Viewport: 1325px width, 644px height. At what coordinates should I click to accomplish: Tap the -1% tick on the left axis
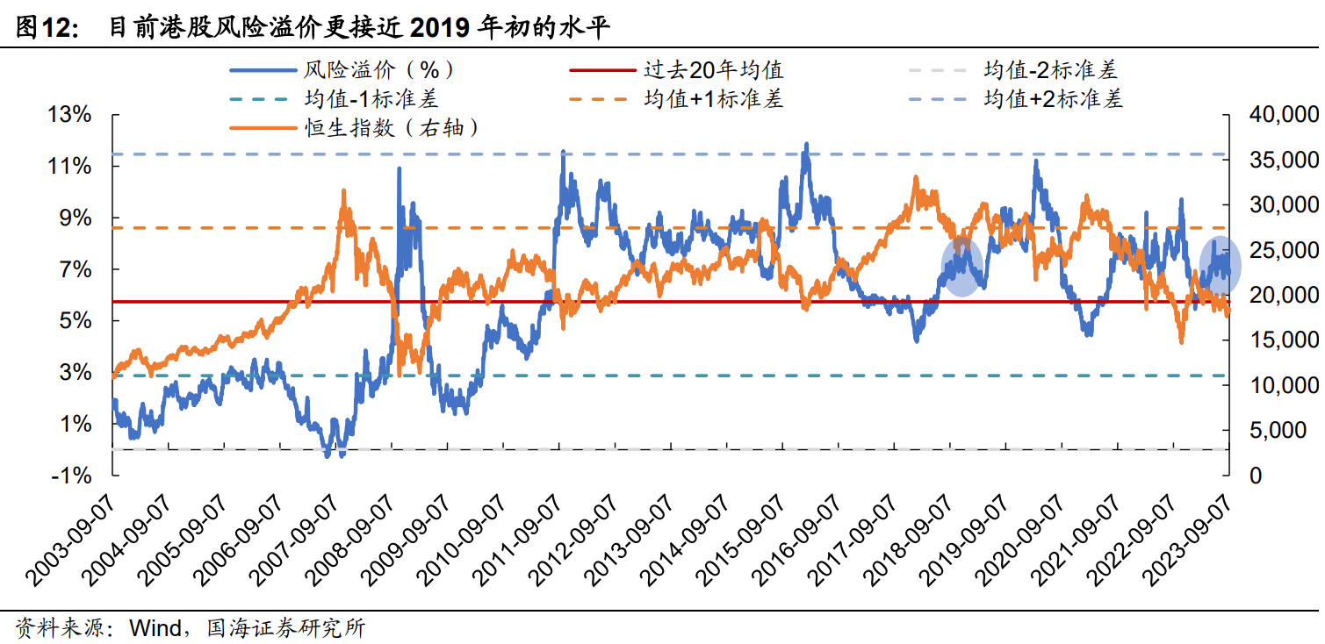pyautogui.click(x=71, y=476)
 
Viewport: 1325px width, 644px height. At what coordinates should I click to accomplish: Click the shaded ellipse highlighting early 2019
pyautogui.click(x=962, y=266)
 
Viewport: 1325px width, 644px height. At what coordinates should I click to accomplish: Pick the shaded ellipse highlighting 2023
pyautogui.click(x=1221, y=266)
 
